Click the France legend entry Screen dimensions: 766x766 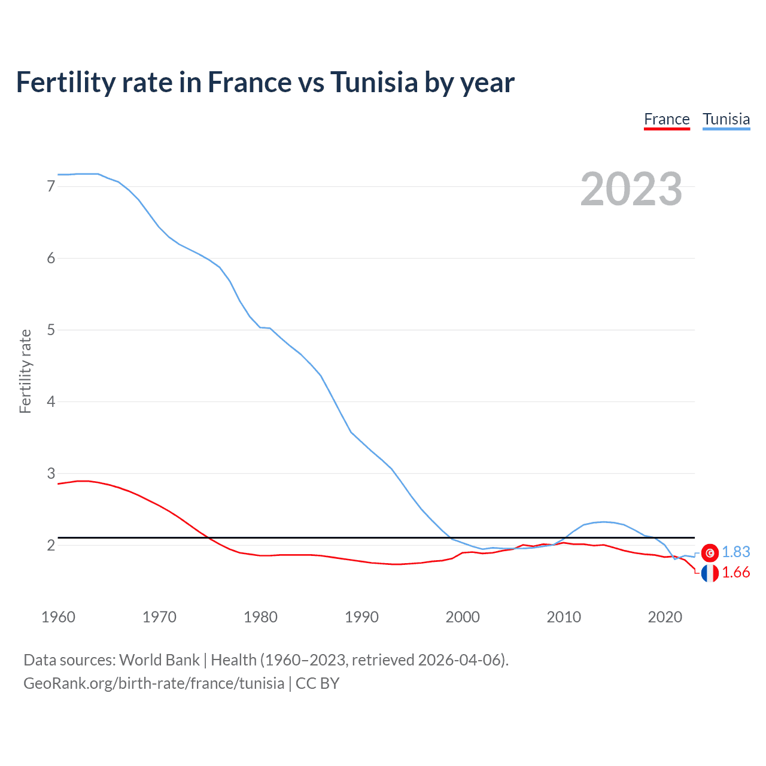(x=667, y=119)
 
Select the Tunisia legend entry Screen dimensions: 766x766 (x=726, y=119)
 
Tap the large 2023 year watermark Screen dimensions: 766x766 (x=631, y=189)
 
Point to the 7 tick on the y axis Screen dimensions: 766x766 (x=51, y=186)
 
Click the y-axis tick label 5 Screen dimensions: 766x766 (x=51, y=330)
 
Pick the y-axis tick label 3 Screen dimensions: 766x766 (x=51, y=473)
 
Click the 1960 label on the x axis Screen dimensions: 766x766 (x=58, y=617)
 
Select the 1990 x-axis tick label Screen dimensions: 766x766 (x=361, y=617)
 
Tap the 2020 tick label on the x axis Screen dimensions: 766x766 (x=665, y=617)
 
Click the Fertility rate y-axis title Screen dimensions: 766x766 (x=25, y=371)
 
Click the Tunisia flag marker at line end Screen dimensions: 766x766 (x=710, y=553)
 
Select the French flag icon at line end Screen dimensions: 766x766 (x=710, y=573)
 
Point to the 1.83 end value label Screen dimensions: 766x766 (x=735, y=552)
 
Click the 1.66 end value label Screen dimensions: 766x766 (x=735, y=573)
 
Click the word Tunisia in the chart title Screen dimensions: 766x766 (x=373, y=82)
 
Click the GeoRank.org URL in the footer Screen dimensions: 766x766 (x=154, y=683)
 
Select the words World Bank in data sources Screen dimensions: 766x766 (x=159, y=660)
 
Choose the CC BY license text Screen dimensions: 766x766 (x=317, y=683)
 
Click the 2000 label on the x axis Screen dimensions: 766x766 (x=463, y=617)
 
